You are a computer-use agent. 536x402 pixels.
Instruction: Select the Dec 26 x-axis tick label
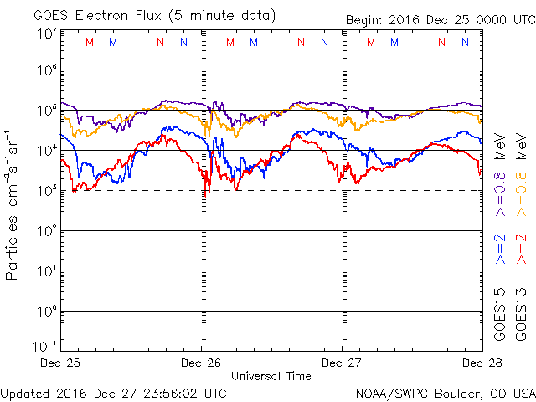[x=201, y=363]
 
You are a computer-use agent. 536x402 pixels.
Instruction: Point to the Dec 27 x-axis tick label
[x=342, y=363]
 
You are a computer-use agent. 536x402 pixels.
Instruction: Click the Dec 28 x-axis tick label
[x=482, y=363]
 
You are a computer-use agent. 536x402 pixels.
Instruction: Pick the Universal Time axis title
[x=271, y=376]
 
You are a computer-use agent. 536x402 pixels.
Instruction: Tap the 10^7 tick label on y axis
[x=45, y=34]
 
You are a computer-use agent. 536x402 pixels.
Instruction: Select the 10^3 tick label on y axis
[x=45, y=190]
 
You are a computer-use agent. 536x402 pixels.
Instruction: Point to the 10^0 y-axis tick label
[x=45, y=311]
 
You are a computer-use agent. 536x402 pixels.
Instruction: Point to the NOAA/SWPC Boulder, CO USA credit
[x=445, y=393]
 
